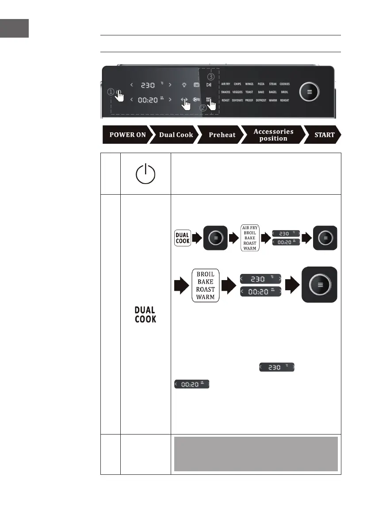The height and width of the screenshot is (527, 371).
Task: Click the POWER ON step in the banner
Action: point(127,135)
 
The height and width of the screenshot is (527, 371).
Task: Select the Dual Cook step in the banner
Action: point(176,135)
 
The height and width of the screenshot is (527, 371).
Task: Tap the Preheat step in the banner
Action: point(222,135)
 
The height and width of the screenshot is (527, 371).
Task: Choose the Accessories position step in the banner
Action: point(273,135)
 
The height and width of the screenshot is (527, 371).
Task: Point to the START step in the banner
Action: point(324,135)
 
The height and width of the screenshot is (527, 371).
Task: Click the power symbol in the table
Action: point(145,173)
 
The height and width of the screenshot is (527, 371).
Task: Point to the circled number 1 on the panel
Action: point(110,92)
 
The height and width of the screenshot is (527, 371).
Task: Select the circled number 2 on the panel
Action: point(203,107)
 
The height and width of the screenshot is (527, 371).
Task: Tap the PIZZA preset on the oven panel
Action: point(261,84)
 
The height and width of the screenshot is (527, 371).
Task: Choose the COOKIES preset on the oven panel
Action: point(284,84)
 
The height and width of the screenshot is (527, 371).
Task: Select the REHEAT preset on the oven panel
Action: point(284,100)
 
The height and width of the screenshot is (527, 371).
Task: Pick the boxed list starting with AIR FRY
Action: point(249,237)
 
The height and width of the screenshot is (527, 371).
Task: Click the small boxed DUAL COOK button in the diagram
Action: point(182,237)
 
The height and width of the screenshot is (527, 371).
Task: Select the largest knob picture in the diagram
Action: point(319,285)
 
